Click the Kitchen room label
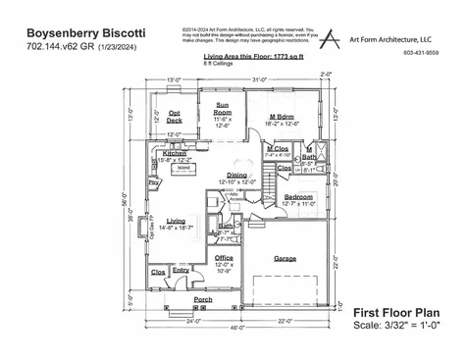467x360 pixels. point(175,154)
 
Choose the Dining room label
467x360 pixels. point(236,176)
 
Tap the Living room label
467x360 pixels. point(176,221)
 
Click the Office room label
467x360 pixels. point(225,258)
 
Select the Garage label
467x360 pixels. point(285,259)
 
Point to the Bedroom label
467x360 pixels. point(298,197)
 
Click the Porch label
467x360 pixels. point(203,299)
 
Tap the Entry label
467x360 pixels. point(182,271)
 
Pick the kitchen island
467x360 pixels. point(183,169)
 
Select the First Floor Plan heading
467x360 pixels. point(395,311)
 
